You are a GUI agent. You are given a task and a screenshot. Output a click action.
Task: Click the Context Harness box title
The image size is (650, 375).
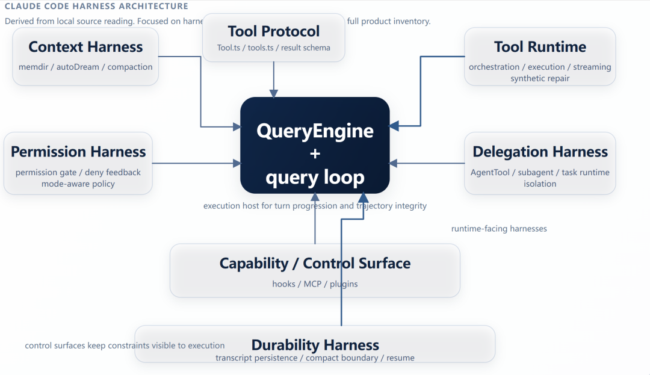[85, 47]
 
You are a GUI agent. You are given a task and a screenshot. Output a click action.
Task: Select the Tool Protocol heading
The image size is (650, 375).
[274, 31]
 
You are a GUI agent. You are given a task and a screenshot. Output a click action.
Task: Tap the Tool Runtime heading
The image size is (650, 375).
[540, 47]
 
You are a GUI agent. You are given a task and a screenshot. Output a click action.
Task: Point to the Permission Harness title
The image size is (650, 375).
[78, 152]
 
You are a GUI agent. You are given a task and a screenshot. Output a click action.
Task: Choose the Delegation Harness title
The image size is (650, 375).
[540, 152]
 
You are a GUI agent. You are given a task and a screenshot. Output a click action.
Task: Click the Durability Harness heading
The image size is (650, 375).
[315, 345]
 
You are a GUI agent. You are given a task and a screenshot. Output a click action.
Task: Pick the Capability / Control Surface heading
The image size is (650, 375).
[315, 263]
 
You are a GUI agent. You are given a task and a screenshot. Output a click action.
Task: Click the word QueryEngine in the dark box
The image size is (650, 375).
[315, 131]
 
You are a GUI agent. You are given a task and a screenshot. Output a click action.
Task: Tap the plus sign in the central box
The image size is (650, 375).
[315, 153]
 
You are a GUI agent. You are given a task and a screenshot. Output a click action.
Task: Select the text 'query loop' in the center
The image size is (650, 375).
[315, 177]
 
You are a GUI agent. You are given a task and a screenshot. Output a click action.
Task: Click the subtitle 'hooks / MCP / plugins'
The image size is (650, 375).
[315, 284]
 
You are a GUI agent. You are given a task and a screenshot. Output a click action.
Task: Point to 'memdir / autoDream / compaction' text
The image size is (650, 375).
[85, 67]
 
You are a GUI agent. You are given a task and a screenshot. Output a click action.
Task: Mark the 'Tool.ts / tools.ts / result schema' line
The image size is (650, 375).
[274, 48]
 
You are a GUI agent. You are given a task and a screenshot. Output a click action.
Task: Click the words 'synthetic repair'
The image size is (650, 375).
[540, 78]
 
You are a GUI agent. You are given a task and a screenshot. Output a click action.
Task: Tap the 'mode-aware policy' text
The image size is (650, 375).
[78, 184]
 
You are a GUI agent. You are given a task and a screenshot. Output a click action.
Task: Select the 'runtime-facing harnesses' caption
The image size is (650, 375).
[499, 229]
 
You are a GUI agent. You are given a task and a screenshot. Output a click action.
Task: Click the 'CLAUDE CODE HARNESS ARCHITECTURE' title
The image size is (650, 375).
[96, 7]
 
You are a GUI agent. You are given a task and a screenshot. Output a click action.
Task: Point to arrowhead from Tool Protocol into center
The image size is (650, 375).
[274, 93]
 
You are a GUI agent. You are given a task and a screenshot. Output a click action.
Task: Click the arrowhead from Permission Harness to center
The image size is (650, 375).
[237, 163]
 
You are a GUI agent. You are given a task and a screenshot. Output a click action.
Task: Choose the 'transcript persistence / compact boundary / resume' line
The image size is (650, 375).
[315, 358]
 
